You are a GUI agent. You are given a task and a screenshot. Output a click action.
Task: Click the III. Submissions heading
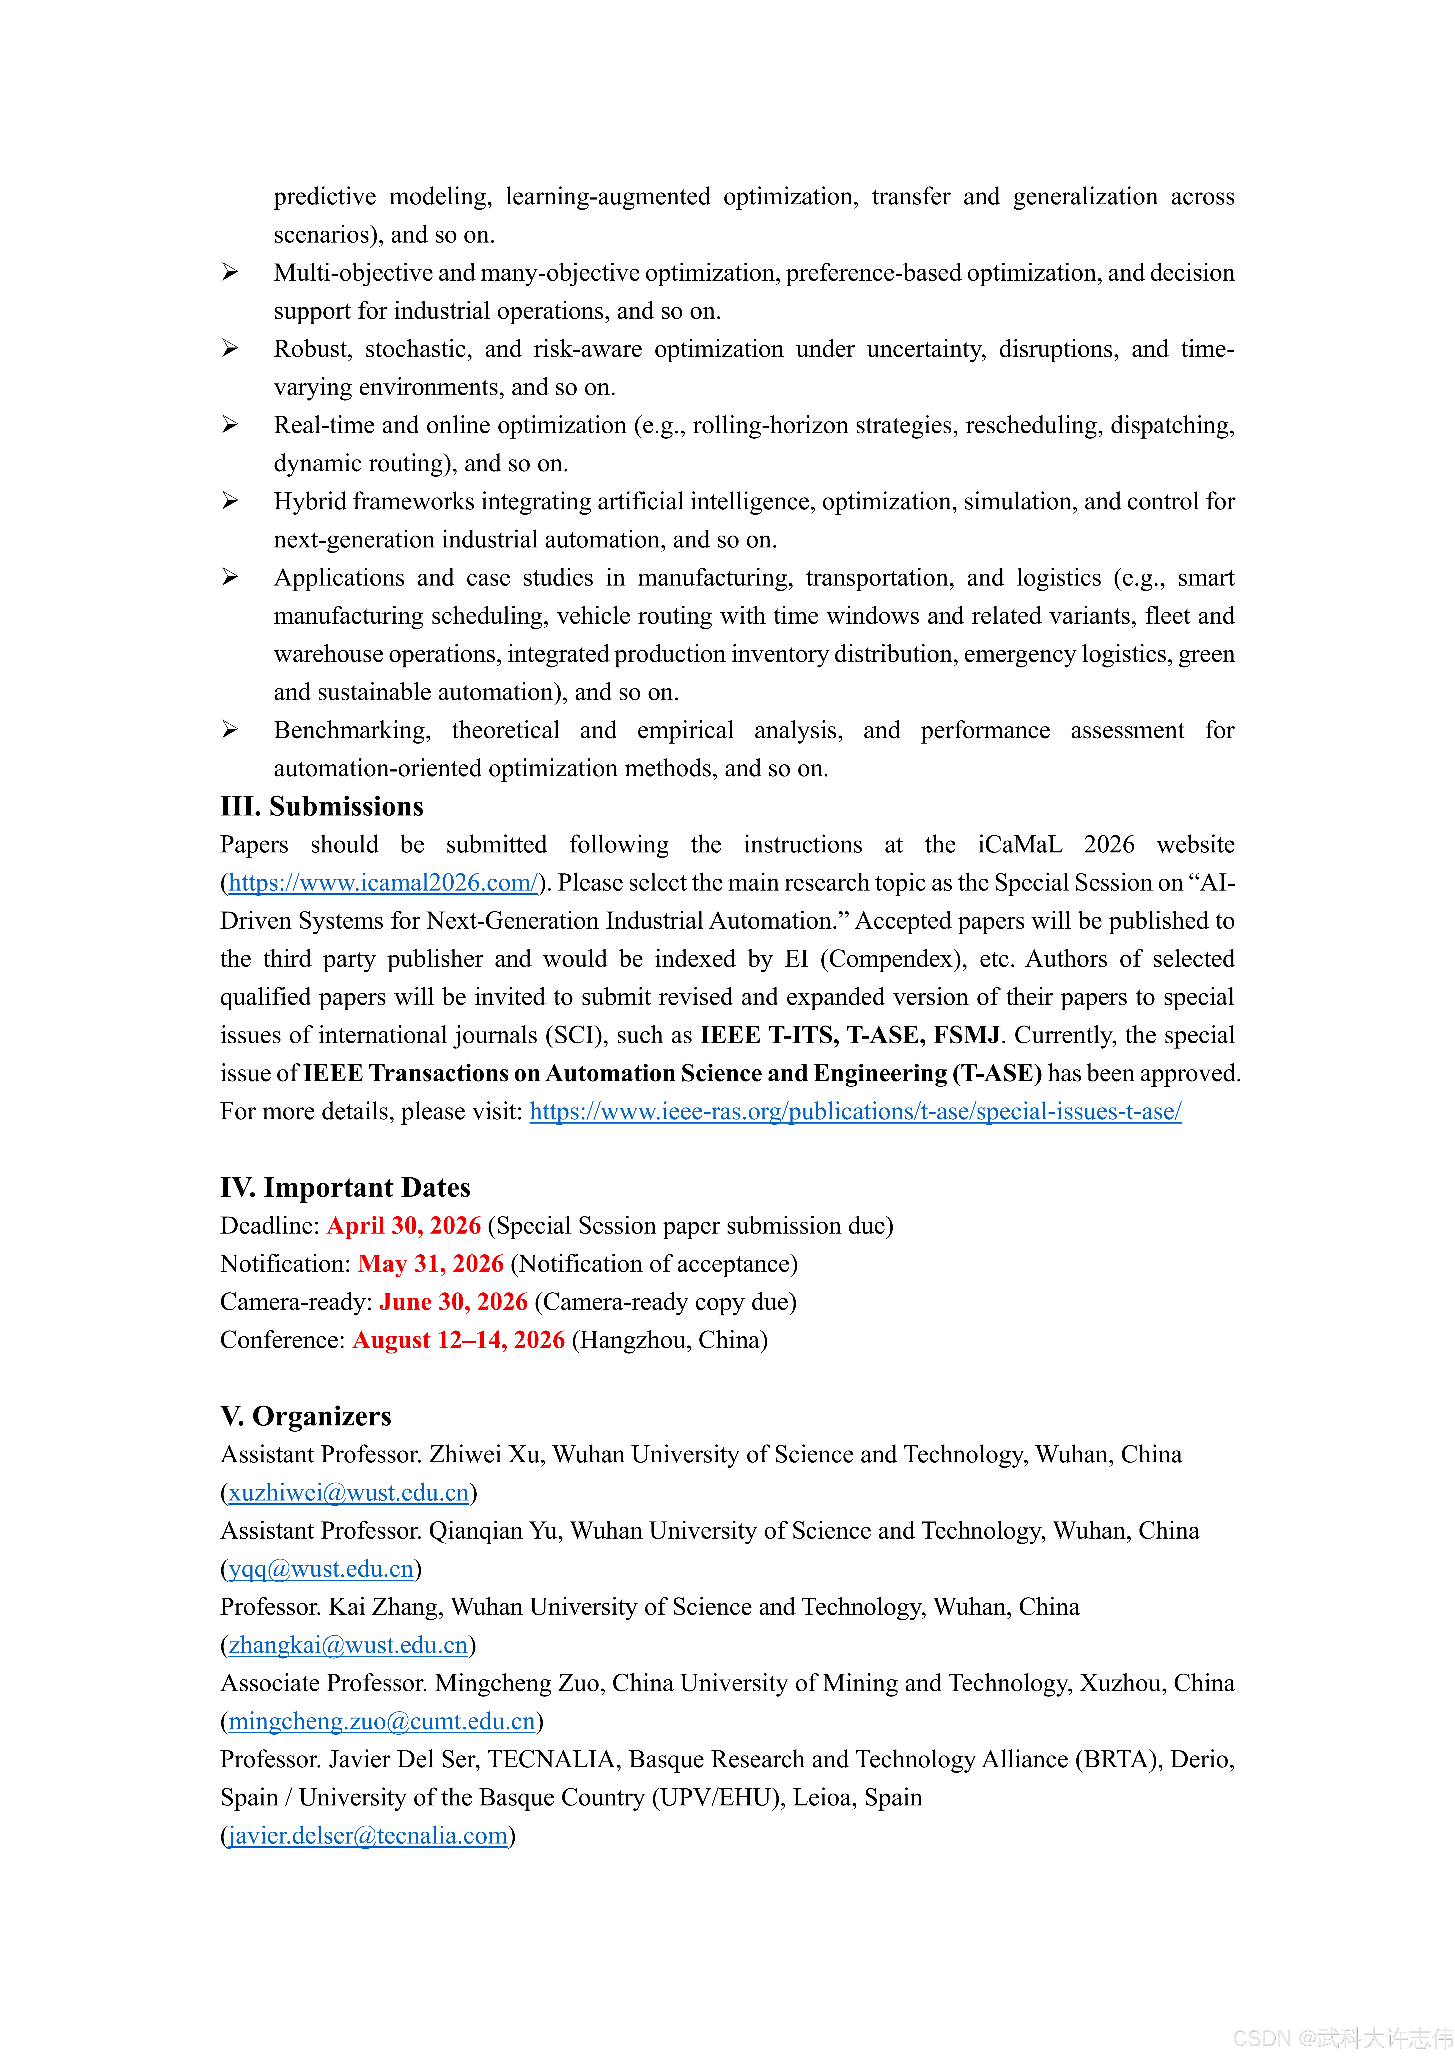[x=322, y=806]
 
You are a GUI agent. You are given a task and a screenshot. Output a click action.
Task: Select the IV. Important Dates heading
[x=345, y=1187]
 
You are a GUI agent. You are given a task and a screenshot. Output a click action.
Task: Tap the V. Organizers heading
[x=305, y=1416]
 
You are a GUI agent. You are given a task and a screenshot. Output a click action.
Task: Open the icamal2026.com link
[x=383, y=883]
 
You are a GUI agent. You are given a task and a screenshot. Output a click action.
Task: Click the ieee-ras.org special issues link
[x=855, y=1112]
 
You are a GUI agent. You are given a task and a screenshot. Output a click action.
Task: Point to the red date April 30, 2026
[x=403, y=1225]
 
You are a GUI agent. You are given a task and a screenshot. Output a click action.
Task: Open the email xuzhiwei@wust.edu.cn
[x=349, y=1493]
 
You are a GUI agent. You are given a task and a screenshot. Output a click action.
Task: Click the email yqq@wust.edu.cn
[x=321, y=1569]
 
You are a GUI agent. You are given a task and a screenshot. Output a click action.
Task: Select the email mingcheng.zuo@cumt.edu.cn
[x=382, y=1721]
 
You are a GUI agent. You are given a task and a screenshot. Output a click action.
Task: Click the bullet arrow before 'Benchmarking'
[x=230, y=730]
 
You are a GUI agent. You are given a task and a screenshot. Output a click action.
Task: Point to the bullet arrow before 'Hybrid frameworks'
[x=230, y=501]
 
